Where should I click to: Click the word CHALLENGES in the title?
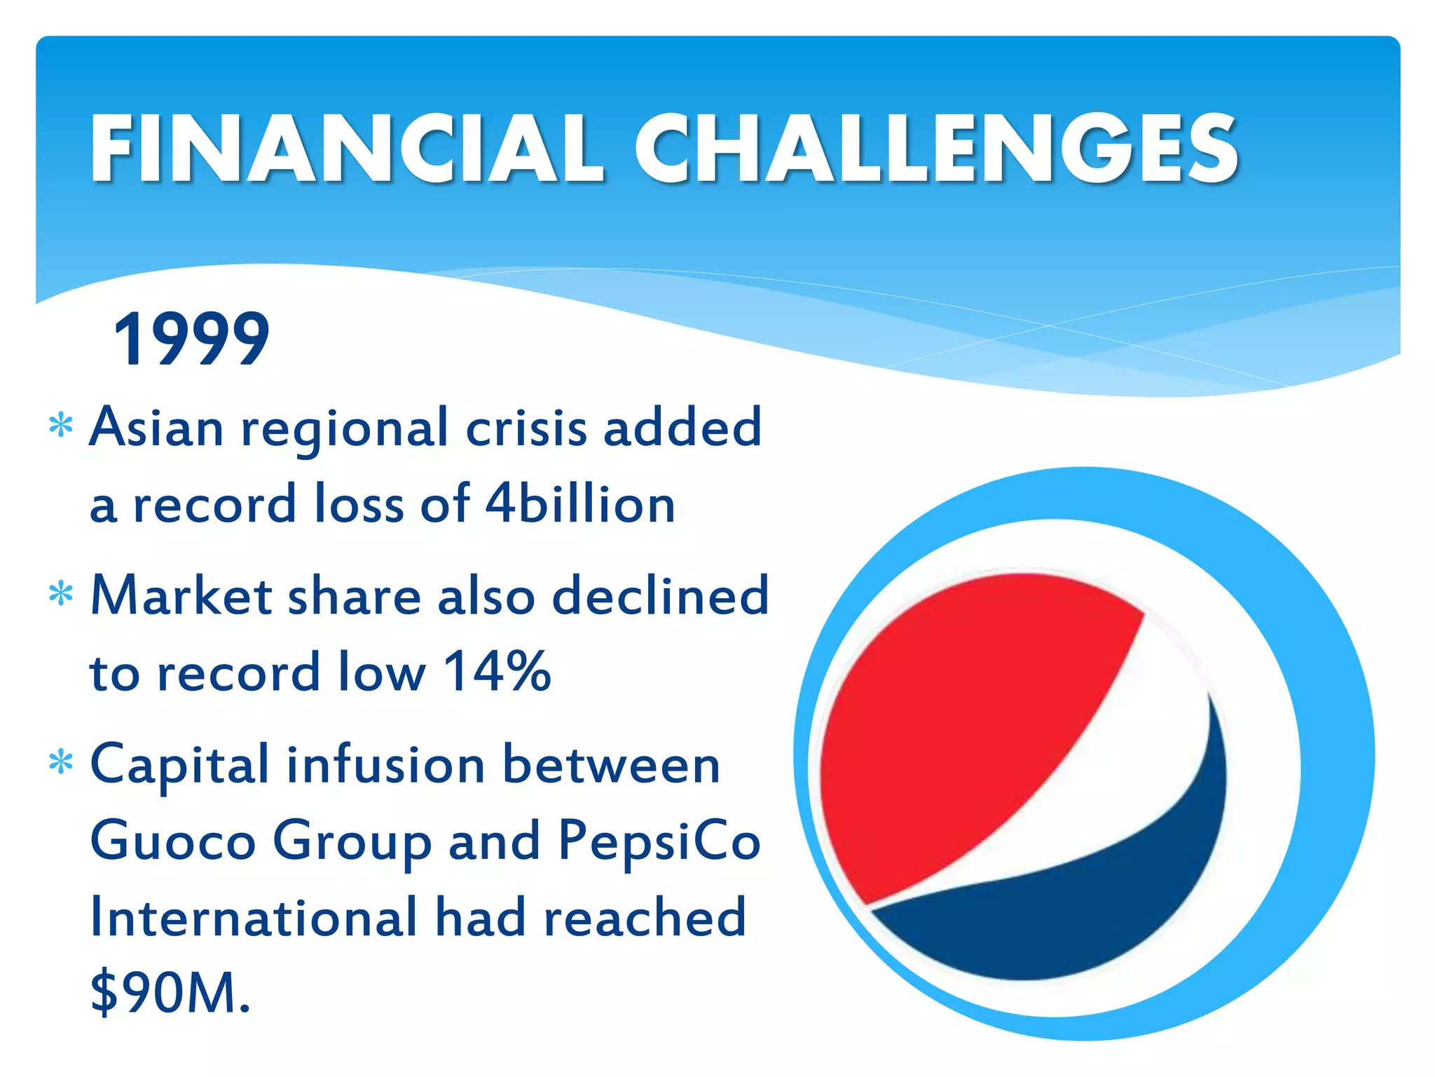(937, 149)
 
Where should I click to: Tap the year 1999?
(191, 339)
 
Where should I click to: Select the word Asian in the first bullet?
(156, 427)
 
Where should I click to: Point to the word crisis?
(526, 427)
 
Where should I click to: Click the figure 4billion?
(580, 504)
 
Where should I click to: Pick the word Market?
(181, 596)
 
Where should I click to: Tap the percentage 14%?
(497, 672)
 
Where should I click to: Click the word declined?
(660, 596)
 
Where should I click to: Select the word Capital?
(179, 766)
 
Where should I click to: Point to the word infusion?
(386, 764)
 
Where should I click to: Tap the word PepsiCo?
(659, 842)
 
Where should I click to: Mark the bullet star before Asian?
(62, 426)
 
